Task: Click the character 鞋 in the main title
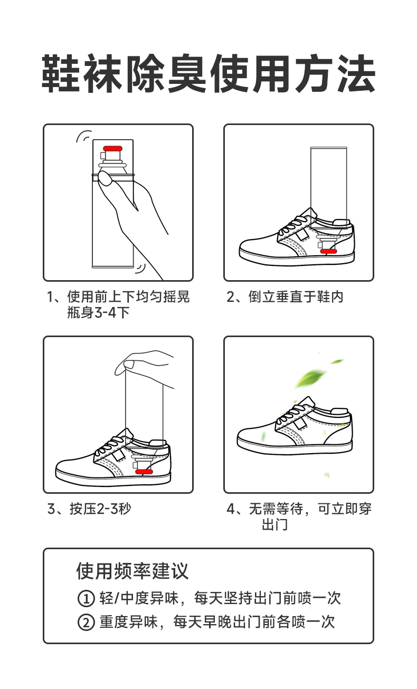[x=62, y=73]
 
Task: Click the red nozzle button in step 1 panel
[x=112, y=149]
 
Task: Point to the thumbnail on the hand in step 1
[x=105, y=179]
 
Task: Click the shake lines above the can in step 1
[x=84, y=136]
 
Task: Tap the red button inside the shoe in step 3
[x=144, y=472]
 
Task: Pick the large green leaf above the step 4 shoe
[x=310, y=378]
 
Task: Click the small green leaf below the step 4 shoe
[x=327, y=475]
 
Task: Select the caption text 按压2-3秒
[x=100, y=509]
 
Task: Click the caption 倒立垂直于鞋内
[x=296, y=297]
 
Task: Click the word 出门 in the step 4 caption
[x=275, y=525]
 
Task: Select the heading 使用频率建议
[x=132, y=571]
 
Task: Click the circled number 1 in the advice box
[x=86, y=599]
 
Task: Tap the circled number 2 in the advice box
[x=86, y=622]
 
